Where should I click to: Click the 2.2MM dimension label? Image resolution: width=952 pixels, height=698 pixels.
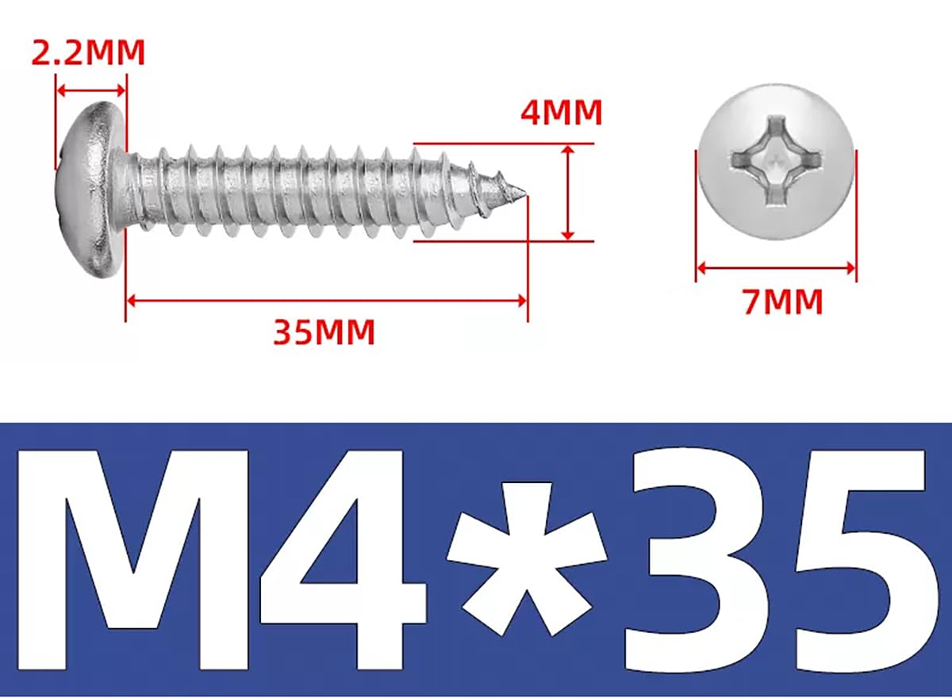tap(88, 52)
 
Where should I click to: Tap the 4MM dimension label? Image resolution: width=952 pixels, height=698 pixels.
tap(562, 113)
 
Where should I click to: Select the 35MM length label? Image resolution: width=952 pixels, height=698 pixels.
tap(324, 332)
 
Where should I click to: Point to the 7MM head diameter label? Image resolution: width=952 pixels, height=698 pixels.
tap(783, 301)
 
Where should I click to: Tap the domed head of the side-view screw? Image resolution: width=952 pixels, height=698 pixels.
tap(91, 189)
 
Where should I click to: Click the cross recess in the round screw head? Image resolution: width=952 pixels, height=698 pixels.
tap(777, 162)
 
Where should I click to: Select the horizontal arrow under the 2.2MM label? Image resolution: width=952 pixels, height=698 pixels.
tap(91, 90)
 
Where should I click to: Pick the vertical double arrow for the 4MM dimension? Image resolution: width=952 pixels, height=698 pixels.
tap(568, 193)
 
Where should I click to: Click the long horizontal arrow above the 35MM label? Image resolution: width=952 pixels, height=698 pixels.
tap(326, 301)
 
